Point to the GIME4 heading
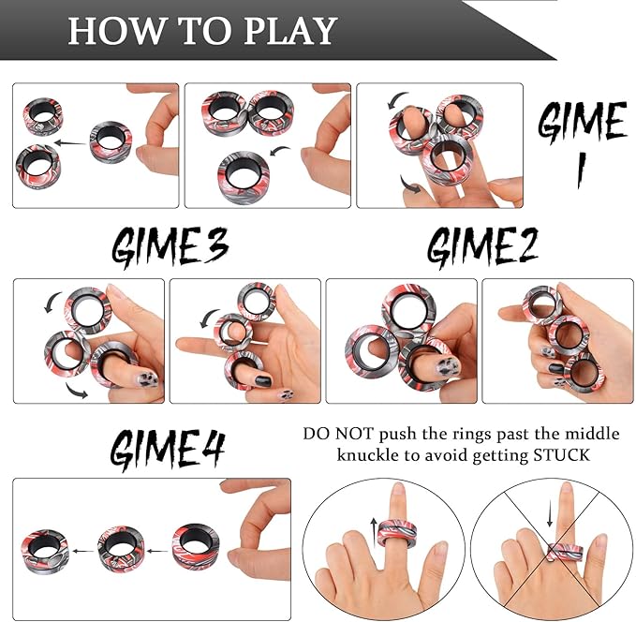point(169,450)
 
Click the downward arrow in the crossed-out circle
point(550,514)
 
